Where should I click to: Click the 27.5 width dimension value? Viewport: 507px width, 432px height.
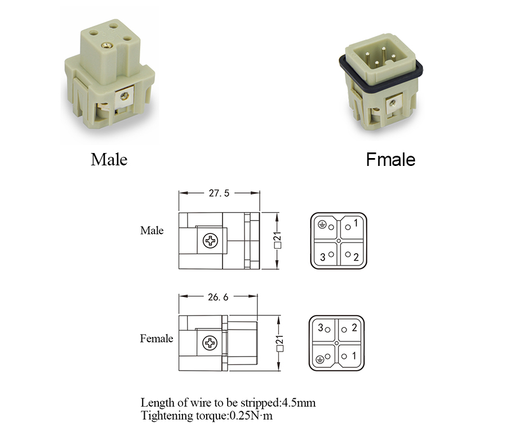(219, 193)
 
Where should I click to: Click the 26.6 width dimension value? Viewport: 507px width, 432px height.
(218, 297)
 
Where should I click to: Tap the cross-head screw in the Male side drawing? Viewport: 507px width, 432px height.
(211, 241)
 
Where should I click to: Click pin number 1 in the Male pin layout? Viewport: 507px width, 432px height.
(355, 223)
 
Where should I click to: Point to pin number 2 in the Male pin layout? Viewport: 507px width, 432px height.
(355, 258)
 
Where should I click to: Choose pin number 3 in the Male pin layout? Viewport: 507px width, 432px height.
(323, 257)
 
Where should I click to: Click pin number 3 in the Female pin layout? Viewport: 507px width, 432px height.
(321, 328)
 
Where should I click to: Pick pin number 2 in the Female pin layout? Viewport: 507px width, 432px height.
(354, 328)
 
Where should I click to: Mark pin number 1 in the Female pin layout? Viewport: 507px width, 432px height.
(354, 355)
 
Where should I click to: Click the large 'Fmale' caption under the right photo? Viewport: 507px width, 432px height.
(390, 160)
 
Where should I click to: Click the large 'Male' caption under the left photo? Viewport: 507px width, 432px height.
(109, 160)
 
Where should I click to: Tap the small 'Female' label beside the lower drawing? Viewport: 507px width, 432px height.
(157, 339)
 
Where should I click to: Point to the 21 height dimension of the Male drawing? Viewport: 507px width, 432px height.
(277, 241)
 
